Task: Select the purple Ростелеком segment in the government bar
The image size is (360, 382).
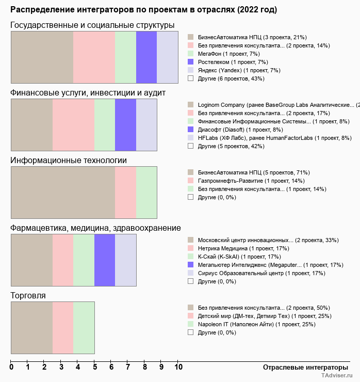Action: click(x=146, y=57)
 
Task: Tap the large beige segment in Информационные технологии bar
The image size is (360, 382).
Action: click(x=63, y=193)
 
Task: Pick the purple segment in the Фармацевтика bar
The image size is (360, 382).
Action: click(x=105, y=260)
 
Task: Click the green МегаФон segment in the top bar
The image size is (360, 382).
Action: click(x=125, y=57)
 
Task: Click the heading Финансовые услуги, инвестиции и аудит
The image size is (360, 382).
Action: click(x=88, y=92)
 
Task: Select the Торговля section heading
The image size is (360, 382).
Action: click(x=28, y=296)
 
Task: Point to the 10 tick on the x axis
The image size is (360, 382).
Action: click(x=178, y=368)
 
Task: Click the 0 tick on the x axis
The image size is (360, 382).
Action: click(x=11, y=368)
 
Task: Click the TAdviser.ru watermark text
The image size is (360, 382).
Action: click(x=337, y=376)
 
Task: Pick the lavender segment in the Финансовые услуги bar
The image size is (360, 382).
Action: click(x=146, y=125)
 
